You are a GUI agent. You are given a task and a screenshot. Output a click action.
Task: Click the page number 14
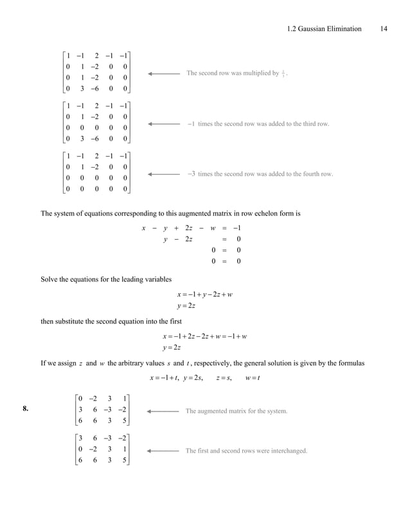(384, 28)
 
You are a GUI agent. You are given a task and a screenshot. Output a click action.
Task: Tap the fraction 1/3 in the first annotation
(284, 73)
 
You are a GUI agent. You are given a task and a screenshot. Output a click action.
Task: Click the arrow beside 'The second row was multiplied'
(163, 74)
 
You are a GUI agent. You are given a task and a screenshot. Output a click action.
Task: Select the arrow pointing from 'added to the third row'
(163, 123)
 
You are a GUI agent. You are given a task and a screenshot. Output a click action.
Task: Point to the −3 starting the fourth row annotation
(191, 174)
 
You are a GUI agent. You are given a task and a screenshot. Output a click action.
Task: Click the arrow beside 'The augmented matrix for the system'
(163, 410)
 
